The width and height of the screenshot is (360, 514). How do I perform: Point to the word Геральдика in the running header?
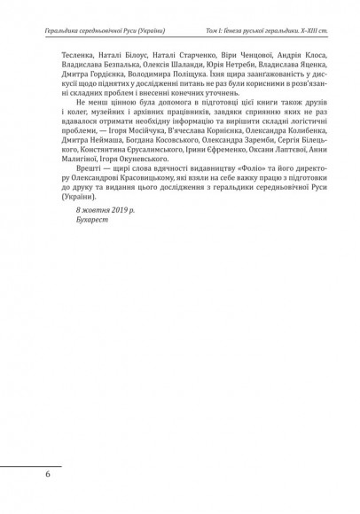coord(49,32)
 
